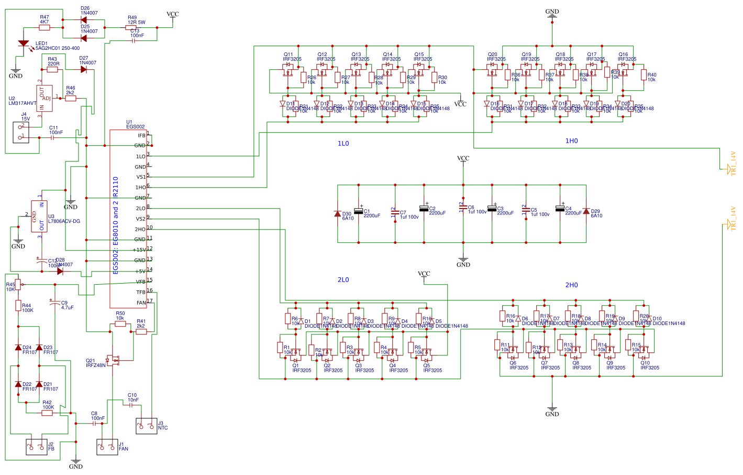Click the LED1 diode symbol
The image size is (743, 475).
pyautogui.click(x=24, y=44)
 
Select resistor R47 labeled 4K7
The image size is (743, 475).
pyautogui.click(x=45, y=27)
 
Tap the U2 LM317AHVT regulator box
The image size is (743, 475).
pyautogui.click(x=45, y=98)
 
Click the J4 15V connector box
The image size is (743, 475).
pyautogui.click(x=21, y=132)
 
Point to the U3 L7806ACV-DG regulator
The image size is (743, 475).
pyautogui.click(x=39, y=216)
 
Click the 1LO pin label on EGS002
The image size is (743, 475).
pyautogui.click(x=140, y=156)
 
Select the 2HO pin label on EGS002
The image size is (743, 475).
pyautogui.click(x=140, y=229)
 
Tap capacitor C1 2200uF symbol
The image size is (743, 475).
pyautogui.click(x=359, y=211)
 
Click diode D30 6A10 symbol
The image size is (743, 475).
pyautogui.click(x=338, y=214)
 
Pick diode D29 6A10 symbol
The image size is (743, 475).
pyautogui.click(x=586, y=211)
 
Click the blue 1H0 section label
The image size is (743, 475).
pyautogui.click(x=571, y=141)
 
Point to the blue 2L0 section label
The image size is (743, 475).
pyautogui.click(x=343, y=280)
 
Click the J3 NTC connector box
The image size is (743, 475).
pyautogui.click(x=147, y=426)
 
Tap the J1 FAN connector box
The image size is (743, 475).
pyautogui.click(x=107, y=447)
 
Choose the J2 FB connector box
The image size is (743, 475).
pyautogui.click(x=37, y=447)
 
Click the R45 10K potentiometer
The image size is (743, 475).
pyautogui.click(x=18, y=284)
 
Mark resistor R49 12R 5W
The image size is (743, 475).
pyautogui.click(x=131, y=27)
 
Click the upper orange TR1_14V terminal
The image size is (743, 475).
pyautogui.click(x=729, y=168)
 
